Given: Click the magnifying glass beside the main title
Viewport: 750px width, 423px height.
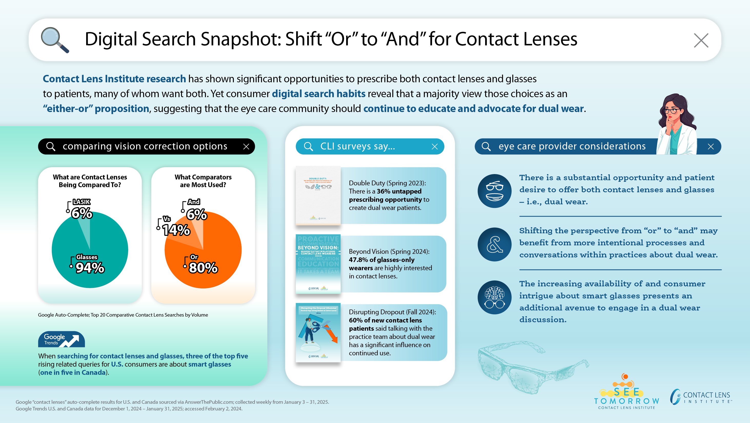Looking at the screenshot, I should (54, 39).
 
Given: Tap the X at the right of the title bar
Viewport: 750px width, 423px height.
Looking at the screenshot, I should (701, 40).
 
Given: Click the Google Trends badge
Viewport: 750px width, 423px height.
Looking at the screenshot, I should (62, 339).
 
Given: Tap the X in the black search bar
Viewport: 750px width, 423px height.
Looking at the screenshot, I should (246, 146).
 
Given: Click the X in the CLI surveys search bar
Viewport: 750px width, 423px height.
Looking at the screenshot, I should (434, 146).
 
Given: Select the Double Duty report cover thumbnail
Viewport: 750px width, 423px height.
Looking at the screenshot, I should (318, 195).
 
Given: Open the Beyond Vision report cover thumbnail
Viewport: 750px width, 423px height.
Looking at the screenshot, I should (318, 264).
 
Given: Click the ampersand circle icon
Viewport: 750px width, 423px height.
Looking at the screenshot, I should (494, 244).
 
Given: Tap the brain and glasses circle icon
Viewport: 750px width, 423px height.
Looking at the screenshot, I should (494, 297).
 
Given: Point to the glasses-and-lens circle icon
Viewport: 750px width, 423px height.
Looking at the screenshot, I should (494, 191).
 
